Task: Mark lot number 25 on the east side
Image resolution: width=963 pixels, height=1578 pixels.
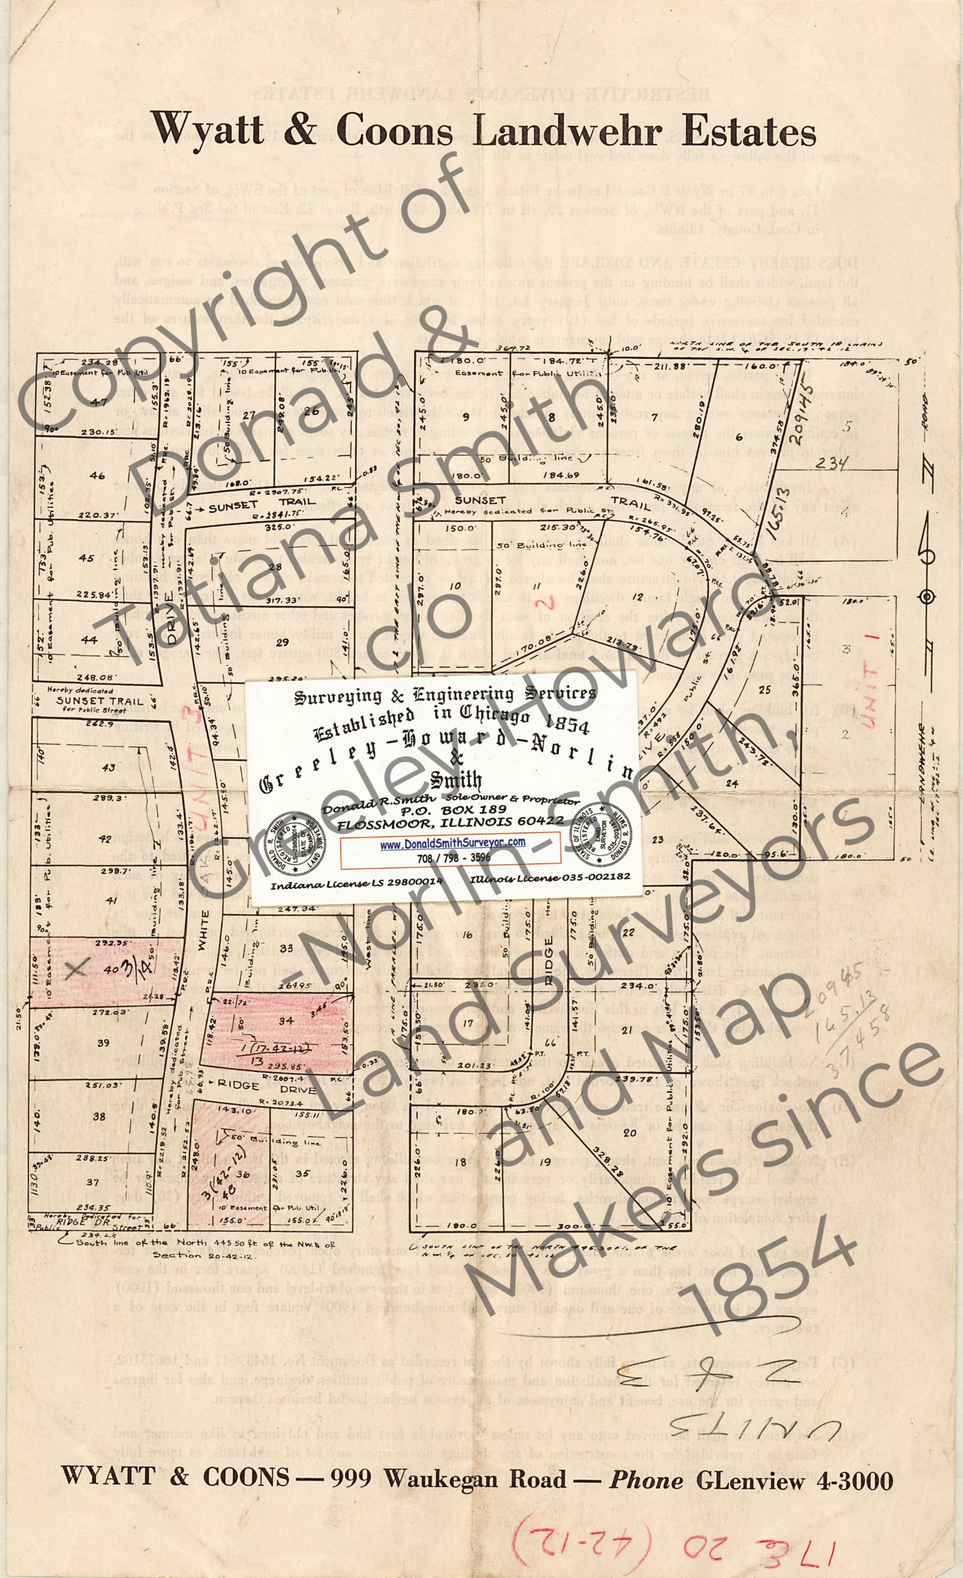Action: click(764, 689)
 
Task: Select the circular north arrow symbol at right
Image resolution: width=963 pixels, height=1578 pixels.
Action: click(926, 597)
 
